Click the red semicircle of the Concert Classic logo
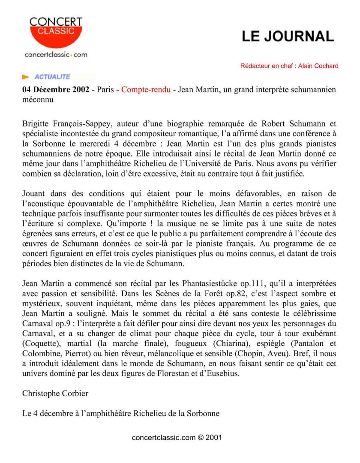point(56,36)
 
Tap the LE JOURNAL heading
point(288,36)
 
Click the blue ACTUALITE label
point(52,77)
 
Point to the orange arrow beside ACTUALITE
point(26,77)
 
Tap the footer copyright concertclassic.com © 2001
point(177,438)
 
